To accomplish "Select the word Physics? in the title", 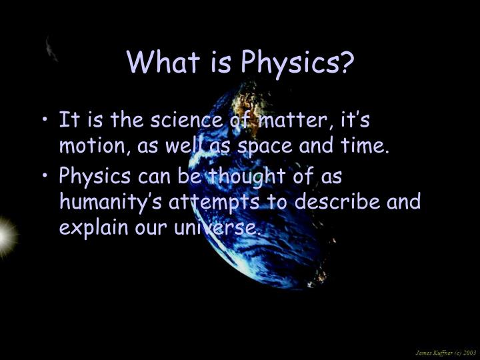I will click(x=297, y=63).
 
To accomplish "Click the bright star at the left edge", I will click(x=5, y=235).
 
